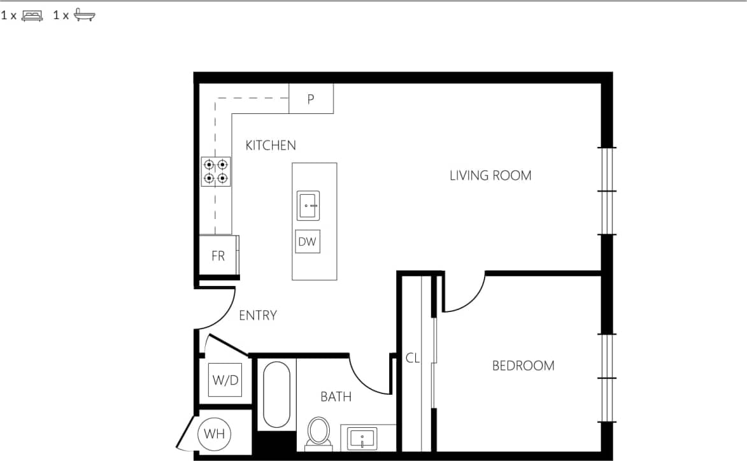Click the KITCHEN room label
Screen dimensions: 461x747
[x=271, y=145]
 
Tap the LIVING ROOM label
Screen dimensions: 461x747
[x=490, y=175]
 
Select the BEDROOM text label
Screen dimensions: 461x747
[x=523, y=365]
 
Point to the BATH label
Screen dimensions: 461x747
[x=336, y=397]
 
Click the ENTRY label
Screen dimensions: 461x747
[x=257, y=315]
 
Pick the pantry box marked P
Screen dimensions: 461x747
[x=311, y=99]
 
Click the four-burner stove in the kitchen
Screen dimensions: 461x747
[x=216, y=171]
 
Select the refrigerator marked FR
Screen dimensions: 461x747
[x=218, y=256]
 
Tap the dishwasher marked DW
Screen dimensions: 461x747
[x=308, y=242]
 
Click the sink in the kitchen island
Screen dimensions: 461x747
[x=308, y=205]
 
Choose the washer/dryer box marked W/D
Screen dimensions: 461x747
[x=225, y=380]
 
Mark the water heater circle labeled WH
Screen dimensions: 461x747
[x=214, y=435]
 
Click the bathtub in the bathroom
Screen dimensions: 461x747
[x=276, y=395]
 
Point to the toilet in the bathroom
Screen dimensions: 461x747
[x=318, y=432]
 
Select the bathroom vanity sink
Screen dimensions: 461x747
[x=362, y=439]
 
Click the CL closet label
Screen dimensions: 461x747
[x=413, y=358]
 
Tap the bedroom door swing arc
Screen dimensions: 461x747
[x=465, y=294]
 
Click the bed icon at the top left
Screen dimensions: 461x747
[x=32, y=16]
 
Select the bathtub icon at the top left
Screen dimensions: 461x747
[x=84, y=16]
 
